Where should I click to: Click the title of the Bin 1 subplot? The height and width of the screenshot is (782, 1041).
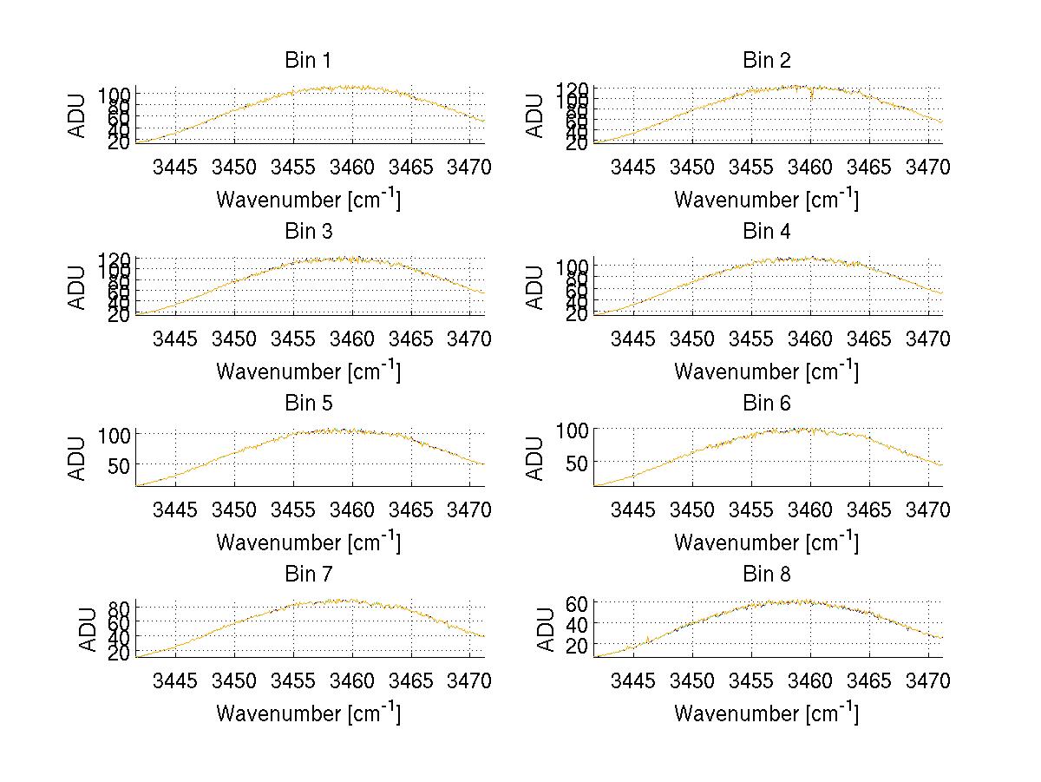point(308,61)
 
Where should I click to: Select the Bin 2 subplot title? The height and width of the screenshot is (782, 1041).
point(767,61)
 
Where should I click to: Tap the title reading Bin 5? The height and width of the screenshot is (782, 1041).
point(308,404)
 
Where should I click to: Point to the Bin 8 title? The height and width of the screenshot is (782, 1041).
point(767,575)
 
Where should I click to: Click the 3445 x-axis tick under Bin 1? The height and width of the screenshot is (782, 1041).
point(175,168)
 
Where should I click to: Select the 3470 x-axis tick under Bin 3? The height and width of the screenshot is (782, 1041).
point(469,338)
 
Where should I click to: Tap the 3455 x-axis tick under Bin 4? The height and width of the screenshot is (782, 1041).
point(751,338)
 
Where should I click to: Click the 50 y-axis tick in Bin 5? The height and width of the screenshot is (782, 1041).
point(118,465)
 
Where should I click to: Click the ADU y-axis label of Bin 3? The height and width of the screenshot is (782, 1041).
point(78,287)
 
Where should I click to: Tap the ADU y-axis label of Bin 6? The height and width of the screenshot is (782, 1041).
point(536,458)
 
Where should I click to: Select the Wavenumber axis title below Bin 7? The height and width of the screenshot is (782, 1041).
point(308,713)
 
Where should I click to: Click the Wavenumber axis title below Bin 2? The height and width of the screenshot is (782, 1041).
point(767,200)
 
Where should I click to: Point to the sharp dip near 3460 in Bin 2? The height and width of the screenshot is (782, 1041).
point(811,95)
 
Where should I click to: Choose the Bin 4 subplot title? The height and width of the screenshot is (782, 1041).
point(767,232)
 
